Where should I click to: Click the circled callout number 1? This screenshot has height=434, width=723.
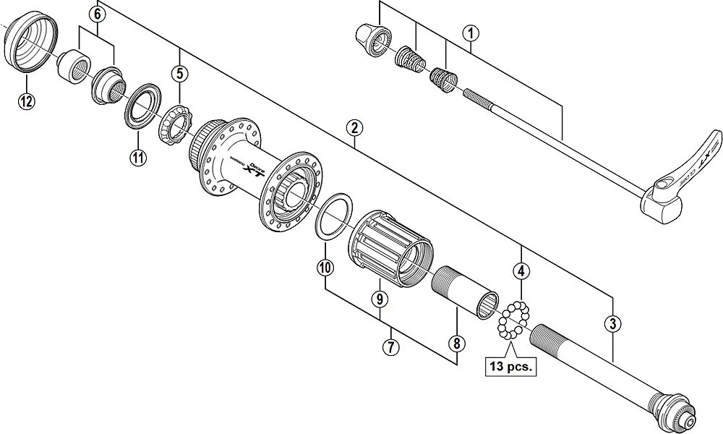(471, 33)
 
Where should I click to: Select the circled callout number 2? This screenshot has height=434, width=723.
(354, 129)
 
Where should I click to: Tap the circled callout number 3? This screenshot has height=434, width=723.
(613, 324)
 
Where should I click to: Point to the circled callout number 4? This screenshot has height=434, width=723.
(521, 272)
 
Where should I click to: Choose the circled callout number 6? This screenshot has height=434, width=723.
(97, 13)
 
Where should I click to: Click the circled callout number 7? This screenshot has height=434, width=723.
(390, 348)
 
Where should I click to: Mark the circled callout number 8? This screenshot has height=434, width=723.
(457, 344)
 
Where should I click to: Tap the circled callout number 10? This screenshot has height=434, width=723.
(325, 268)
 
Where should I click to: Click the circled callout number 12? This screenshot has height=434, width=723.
(26, 101)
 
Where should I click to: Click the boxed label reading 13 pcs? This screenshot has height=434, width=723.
(511, 367)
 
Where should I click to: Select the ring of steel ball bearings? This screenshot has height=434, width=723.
(513, 319)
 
